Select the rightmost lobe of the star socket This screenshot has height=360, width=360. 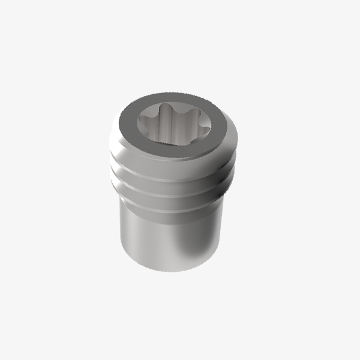[202, 125]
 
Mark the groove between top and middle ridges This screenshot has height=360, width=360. [172, 173]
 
